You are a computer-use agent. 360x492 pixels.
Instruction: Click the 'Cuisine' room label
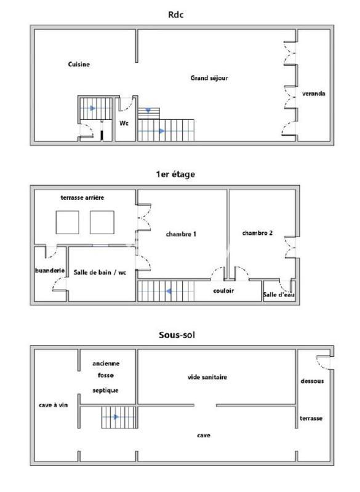79,64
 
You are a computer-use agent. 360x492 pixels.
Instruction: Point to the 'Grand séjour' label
209,78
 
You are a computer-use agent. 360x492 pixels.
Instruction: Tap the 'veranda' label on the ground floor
313,94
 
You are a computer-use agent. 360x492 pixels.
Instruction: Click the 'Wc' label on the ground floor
124,122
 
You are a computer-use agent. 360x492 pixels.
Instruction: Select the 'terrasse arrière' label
82,197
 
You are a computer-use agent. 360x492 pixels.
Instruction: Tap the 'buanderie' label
49,270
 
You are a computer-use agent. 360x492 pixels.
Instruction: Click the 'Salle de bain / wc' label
100,272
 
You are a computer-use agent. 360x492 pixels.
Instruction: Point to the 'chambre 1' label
181,234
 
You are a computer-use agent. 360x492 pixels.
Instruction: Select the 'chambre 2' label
257,232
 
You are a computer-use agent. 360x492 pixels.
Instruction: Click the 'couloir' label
223,291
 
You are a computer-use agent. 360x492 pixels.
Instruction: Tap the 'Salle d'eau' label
279,295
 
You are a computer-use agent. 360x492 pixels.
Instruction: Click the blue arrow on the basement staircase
115,417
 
